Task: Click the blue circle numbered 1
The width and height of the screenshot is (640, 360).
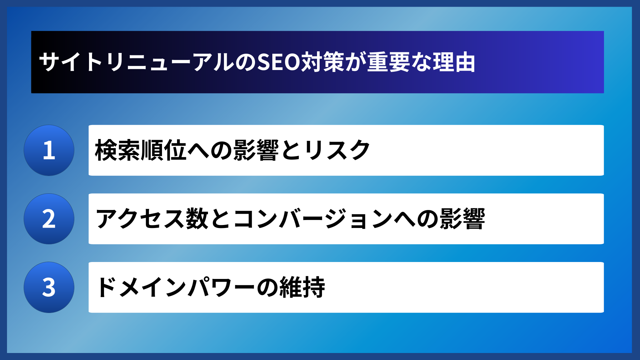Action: [x=49, y=150]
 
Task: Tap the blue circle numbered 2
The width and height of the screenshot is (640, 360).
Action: [x=49, y=219]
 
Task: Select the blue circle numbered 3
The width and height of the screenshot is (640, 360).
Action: [x=49, y=287]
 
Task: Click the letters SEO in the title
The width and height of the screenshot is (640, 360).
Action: [x=279, y=62]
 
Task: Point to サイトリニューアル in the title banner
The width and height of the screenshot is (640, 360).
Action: [x=137, y=62]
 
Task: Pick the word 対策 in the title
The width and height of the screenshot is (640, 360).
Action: [x=323, y=62]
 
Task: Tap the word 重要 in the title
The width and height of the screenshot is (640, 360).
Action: [x=389, y=62]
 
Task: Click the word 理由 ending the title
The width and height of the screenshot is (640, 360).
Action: [x=454, y=62]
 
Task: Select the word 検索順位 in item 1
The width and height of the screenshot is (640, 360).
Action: [x=141, y=150]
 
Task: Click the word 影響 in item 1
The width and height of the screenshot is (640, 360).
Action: [x=256, y=150]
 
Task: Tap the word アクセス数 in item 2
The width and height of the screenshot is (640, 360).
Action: [x=152, y=219]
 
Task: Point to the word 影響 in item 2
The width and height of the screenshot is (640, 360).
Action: [x=462, y=219]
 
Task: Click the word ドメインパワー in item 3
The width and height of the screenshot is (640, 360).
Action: [x=176, y=287]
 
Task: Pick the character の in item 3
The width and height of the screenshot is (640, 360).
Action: [x=268, y=287]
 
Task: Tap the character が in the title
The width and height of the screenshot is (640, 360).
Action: [x=356, y=62]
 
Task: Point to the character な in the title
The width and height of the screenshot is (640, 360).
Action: [x=421, y=62]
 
